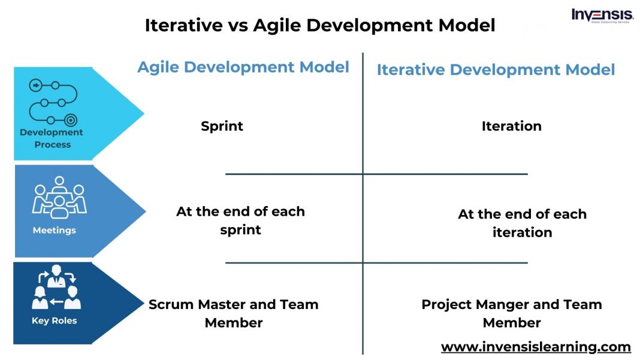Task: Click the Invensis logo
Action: coord(602,16)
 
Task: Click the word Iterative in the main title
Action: coord(181,26)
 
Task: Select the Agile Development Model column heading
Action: coord(243,67)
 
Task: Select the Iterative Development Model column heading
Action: coord(496,69)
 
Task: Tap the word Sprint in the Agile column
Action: coord(222,126)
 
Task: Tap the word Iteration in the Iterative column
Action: coord(511,126)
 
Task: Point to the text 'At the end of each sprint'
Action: coord(240,220)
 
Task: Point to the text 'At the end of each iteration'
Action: coord(522,223)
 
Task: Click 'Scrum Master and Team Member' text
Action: coord(233,313)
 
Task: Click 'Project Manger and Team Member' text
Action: coord(511,313)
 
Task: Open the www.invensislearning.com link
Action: coord(536,347)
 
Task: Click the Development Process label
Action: coord(52,138)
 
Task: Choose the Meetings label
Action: coord(54,230)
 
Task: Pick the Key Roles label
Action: coord(54,320)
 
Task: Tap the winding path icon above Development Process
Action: coord(53,102)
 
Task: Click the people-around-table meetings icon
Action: coord(59,198)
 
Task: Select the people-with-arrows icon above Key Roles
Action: coord(56,288)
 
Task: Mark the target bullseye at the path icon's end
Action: coord(71,120)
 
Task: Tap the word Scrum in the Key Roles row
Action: coord(170,304)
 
